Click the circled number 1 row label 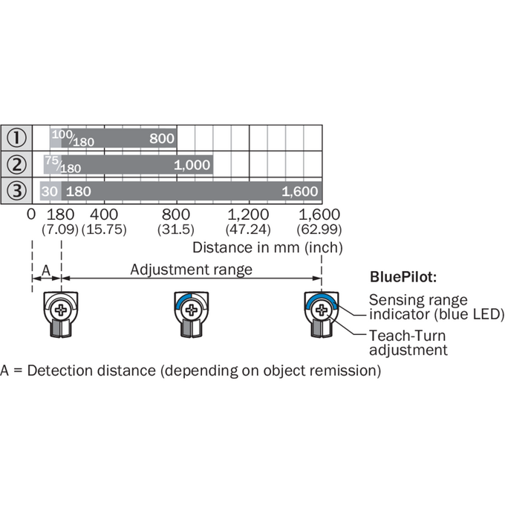[16, 138]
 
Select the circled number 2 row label [16, 164]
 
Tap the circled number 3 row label [16, 191]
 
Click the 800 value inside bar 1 [162, 138]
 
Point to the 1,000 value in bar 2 [192, 165]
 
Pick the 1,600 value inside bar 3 [300, 192]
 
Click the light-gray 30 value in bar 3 [49, 192]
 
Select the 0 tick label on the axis [31, 215]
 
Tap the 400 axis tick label [104, 215]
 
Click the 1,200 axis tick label [248, 215]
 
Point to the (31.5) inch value [176, 229]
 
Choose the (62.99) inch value [319, 229]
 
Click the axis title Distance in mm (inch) [267, 247]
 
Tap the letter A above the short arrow [46, 270]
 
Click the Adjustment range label [192, 270]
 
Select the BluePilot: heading [403, 277]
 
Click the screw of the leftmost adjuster [61, 310]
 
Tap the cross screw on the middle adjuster [192, 310]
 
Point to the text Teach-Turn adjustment [408, 342]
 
